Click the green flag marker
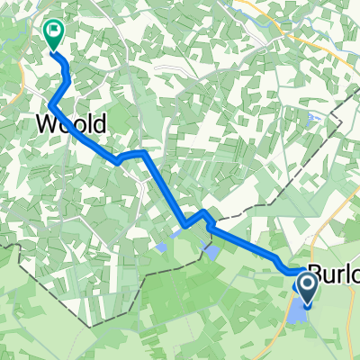coord(54,33)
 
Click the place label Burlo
coord(333,273)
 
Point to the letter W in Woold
coord(48,122)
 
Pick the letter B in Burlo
coord(316,273)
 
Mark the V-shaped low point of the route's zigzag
coord(184,224)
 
